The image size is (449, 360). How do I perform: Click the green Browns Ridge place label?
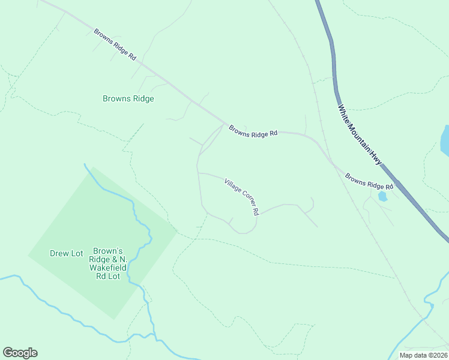click(128, 98)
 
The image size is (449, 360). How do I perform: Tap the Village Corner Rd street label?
click(241, 197)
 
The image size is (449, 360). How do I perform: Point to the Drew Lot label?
click(66, 253)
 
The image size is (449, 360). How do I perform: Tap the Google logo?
click(20, 353)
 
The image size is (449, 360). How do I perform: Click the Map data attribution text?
click(423, 355)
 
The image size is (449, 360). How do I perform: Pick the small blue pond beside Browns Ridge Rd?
click(382, 196)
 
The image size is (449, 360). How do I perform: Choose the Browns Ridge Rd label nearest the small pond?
click(369, 182)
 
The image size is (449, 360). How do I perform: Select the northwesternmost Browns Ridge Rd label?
click(115, 44)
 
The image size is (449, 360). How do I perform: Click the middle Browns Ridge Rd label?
click(252, 132)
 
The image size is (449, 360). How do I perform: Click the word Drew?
click(58, 253)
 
